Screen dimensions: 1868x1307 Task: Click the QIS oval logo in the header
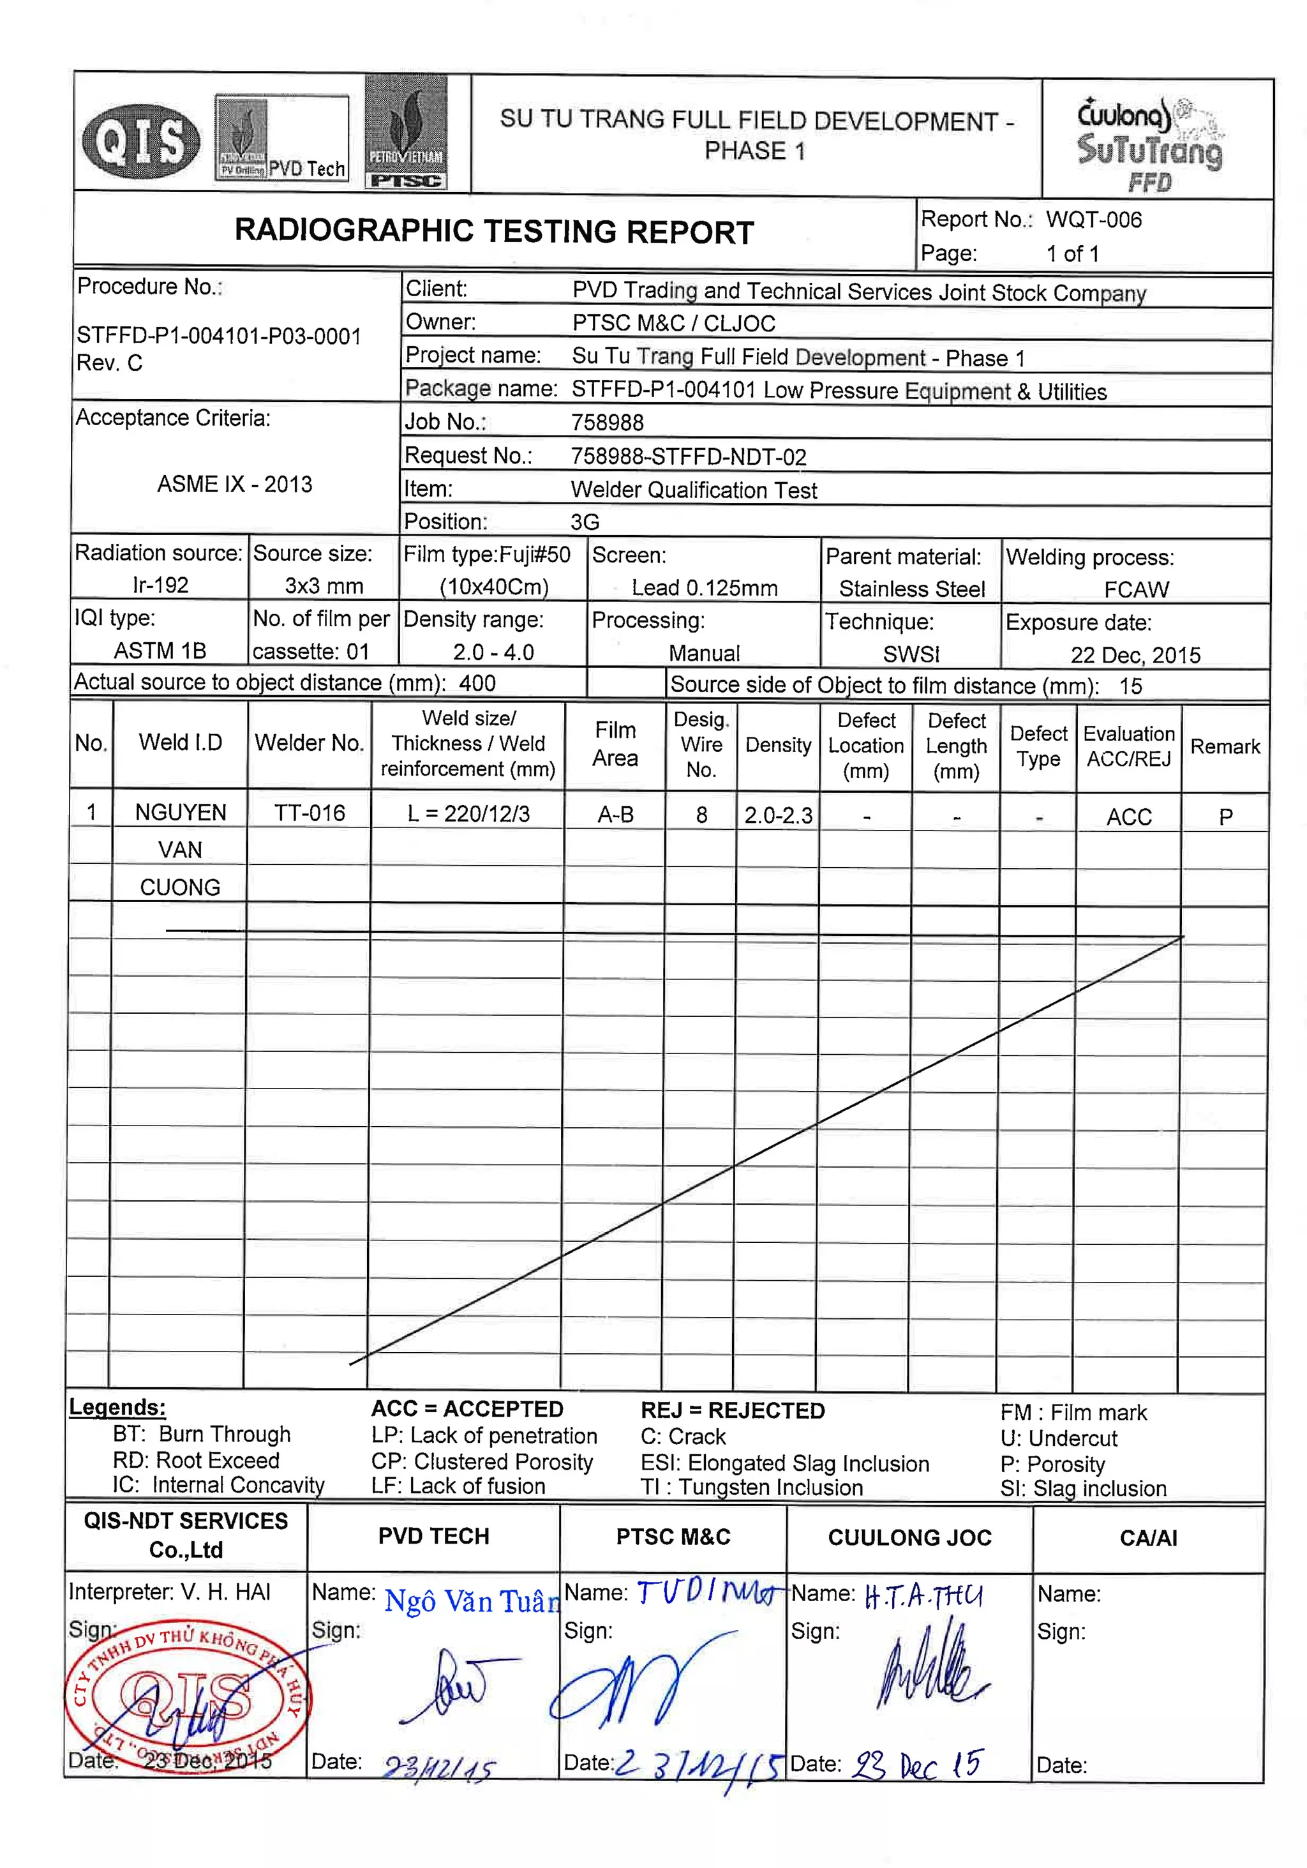tap(140, 140)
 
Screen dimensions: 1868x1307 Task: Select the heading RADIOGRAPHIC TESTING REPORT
tap(494, 232)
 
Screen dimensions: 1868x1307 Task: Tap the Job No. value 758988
tap(607, 422)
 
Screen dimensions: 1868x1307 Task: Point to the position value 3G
tap(584, 522)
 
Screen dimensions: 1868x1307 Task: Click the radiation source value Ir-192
tap(160, 585)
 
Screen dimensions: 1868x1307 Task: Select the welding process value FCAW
tap(1135, 589)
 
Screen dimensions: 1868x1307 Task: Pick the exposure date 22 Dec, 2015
tap(1135, 655)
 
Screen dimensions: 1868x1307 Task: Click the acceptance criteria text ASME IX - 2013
tap(234, 484)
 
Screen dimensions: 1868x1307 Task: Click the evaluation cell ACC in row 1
tap(1128, 817)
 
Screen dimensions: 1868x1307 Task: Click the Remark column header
tap(1224, 746)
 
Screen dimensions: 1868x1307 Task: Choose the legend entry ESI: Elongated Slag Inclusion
tap(784, 1463)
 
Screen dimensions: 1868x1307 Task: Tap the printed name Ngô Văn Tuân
tap(472, 1601)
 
